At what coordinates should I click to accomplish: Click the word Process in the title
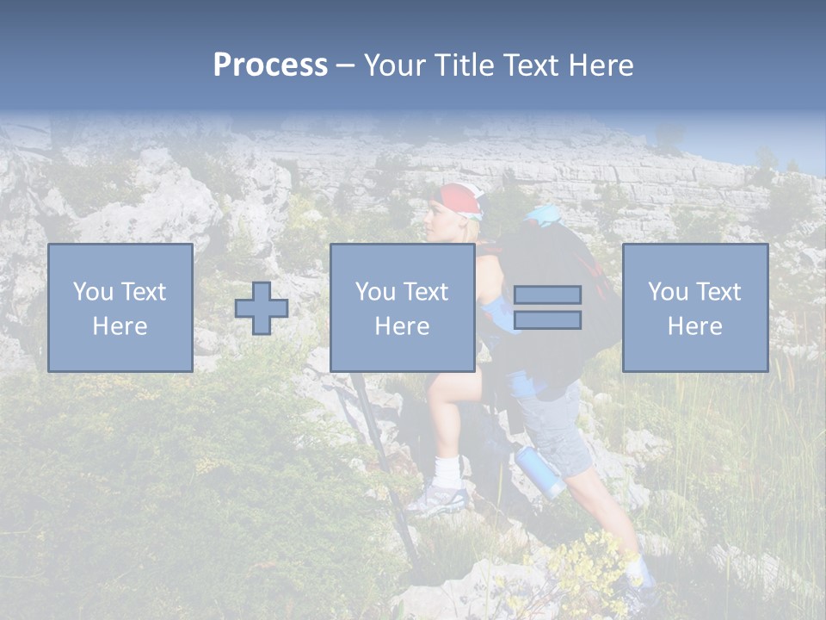270,65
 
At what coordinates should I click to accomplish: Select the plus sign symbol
262,308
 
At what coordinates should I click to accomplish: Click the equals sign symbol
547,307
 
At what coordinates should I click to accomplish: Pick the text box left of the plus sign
120,308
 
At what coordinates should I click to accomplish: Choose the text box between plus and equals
403,308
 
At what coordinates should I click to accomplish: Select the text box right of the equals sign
695,308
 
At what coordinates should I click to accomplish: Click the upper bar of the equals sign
547,295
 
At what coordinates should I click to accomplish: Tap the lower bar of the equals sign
547,320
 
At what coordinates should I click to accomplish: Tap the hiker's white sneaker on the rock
437,499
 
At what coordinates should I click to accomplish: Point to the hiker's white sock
447,470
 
